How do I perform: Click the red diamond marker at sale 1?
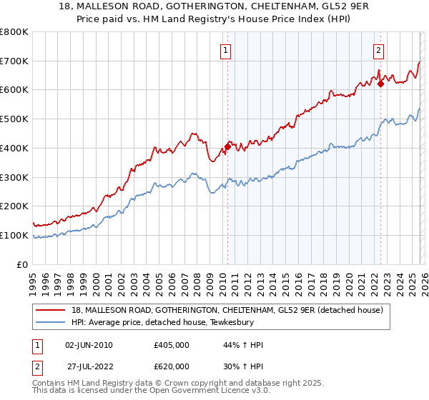pyautogui.click(x=227, y=147)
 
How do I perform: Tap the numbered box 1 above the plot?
pyautogui.click(x=226, y=50)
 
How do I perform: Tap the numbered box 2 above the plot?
pyautogui.click(x=378, y=50)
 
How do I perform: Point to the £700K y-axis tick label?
pyautogui.click(x=14, y=61)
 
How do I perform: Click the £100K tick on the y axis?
pyautogui.click(x=14, y=235)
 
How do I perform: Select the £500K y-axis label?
pyautogui.click(x=14, y=119)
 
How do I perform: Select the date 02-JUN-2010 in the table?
pyautogui.click(x=89, y=345)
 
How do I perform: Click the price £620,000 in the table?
pyautogui.click(x=171, y=365)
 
